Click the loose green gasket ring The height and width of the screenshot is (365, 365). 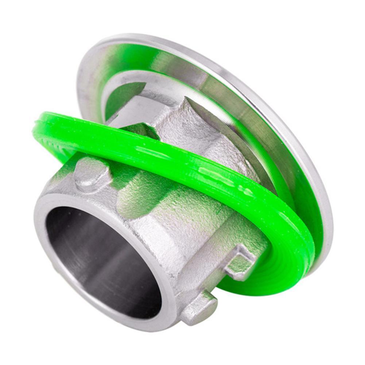pos(204,171)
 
